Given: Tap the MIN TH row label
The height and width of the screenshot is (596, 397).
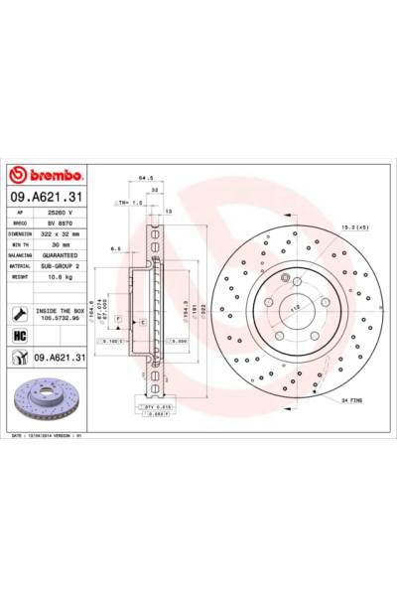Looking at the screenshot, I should tap(21, 245).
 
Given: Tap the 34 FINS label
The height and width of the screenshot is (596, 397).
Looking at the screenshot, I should tap(355, 400).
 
